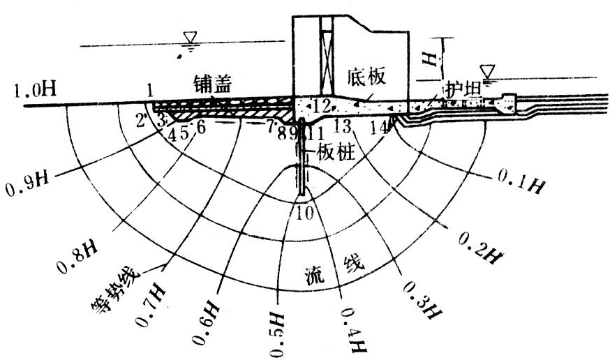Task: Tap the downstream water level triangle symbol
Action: pos(489,71)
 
